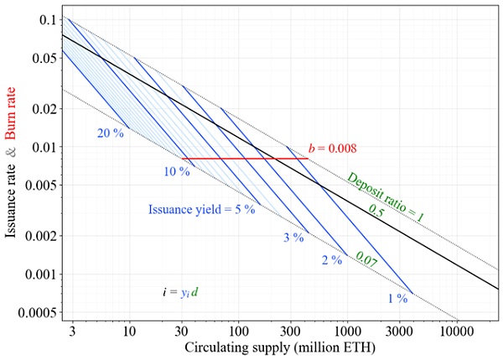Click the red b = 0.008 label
[x=333, y=149]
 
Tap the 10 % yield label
[x=177, y=171]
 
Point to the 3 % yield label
[x=293, y=238]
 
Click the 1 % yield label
[x=397, y=297]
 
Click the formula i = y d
[x=181, y=292]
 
